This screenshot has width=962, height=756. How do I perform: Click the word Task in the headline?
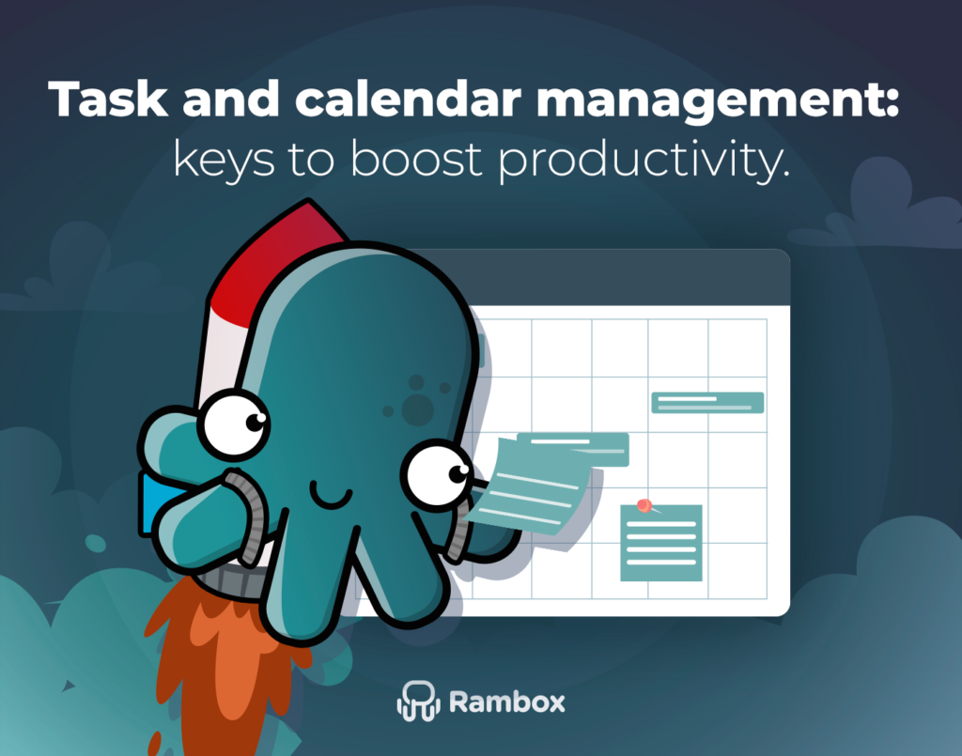(108, 99)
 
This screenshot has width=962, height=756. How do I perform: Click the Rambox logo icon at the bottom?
(418, 701)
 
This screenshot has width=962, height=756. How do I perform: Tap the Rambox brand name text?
(506, 702)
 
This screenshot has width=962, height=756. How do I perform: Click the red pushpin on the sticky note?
(644, 505)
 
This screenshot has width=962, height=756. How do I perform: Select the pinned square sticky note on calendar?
(661, 543)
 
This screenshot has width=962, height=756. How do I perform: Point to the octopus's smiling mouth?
(331, 496)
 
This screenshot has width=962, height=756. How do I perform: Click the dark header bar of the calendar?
(601, 277)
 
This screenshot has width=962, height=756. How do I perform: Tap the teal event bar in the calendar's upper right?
(707, 403)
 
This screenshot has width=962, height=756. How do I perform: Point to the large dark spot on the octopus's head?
(418, 410)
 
